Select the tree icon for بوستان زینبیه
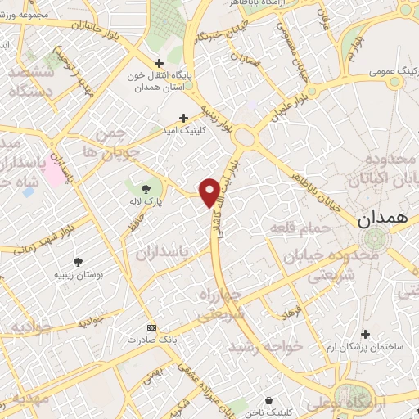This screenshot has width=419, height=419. pyautogui.click(x=78, y=262)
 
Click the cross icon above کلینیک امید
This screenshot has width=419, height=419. pyautogui.click(x=183, y=118)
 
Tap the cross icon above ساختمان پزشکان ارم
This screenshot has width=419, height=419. pyautogui.click(x=366, y=333)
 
